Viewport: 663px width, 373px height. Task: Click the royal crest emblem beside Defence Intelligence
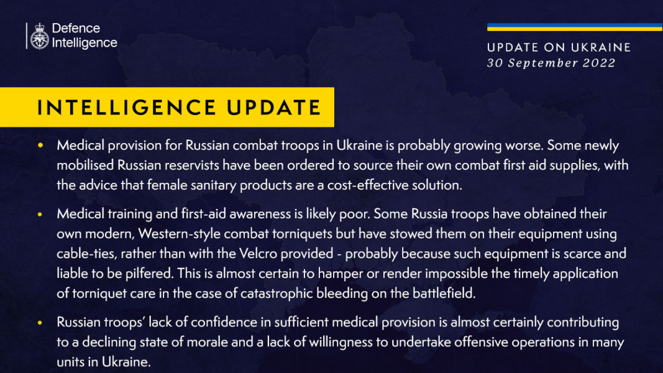pos(39,36)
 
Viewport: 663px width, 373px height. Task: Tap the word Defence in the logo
pos(76,29)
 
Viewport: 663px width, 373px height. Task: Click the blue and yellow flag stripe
pos(574,27)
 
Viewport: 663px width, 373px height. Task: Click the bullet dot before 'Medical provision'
pos(40,145)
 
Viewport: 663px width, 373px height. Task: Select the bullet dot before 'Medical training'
pos(40,214)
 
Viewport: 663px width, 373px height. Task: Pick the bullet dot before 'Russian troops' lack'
pos(40,323)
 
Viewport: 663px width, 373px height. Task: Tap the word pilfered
pos(147,274)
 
